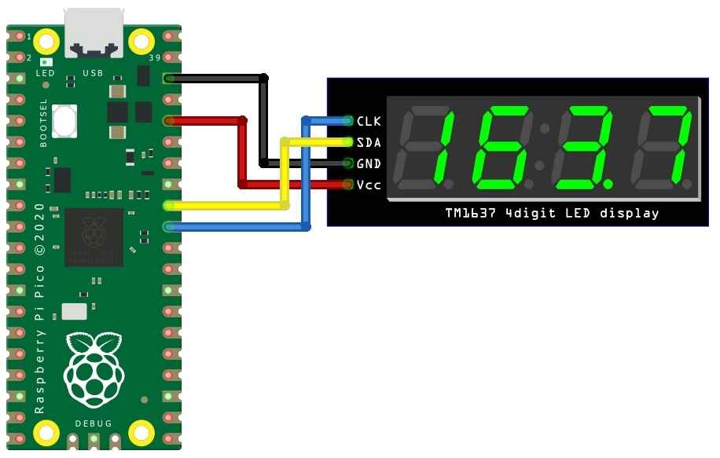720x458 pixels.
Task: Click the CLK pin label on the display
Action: click(368, 121)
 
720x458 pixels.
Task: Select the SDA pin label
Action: click(368, 142)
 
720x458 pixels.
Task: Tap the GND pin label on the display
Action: click(368, 163)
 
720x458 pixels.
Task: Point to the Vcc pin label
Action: click(368, 185)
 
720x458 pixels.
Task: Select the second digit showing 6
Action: click(503, 148)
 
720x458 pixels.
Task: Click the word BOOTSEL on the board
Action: click(43, 123)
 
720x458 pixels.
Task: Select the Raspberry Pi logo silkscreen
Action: click(94, 368)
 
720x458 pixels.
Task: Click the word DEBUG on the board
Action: click(94, 424)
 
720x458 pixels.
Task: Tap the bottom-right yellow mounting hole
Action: click(141, 431)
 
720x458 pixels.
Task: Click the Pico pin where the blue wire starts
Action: click(170, 227)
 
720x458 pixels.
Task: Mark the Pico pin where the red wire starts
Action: click(170, 121)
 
